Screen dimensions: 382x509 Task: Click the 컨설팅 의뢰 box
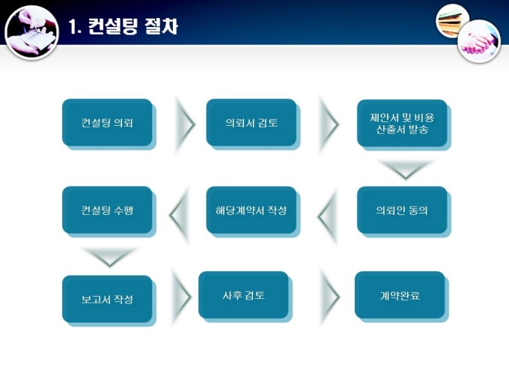(x=107, y=122)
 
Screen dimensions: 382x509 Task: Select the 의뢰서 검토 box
(x=252, y=122)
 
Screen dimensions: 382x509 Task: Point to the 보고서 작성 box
(x=107, y=299)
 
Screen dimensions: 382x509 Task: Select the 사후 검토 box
(x=243, y=294)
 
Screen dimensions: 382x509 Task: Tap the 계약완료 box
(x=400, y=294)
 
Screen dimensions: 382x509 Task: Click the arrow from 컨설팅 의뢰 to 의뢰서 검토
(x=183, y=123)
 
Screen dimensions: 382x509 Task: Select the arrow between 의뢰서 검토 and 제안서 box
(x=328, y=123)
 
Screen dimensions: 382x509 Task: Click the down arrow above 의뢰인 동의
(x=404, y=169)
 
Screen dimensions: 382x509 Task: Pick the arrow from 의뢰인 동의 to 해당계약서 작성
(x=328, y=216)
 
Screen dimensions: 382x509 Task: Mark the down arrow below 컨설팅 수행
(x=109, y=257)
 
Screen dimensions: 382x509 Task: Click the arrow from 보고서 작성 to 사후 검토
(x=181, y=296)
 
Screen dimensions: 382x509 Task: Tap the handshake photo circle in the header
(x=478, y=40)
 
